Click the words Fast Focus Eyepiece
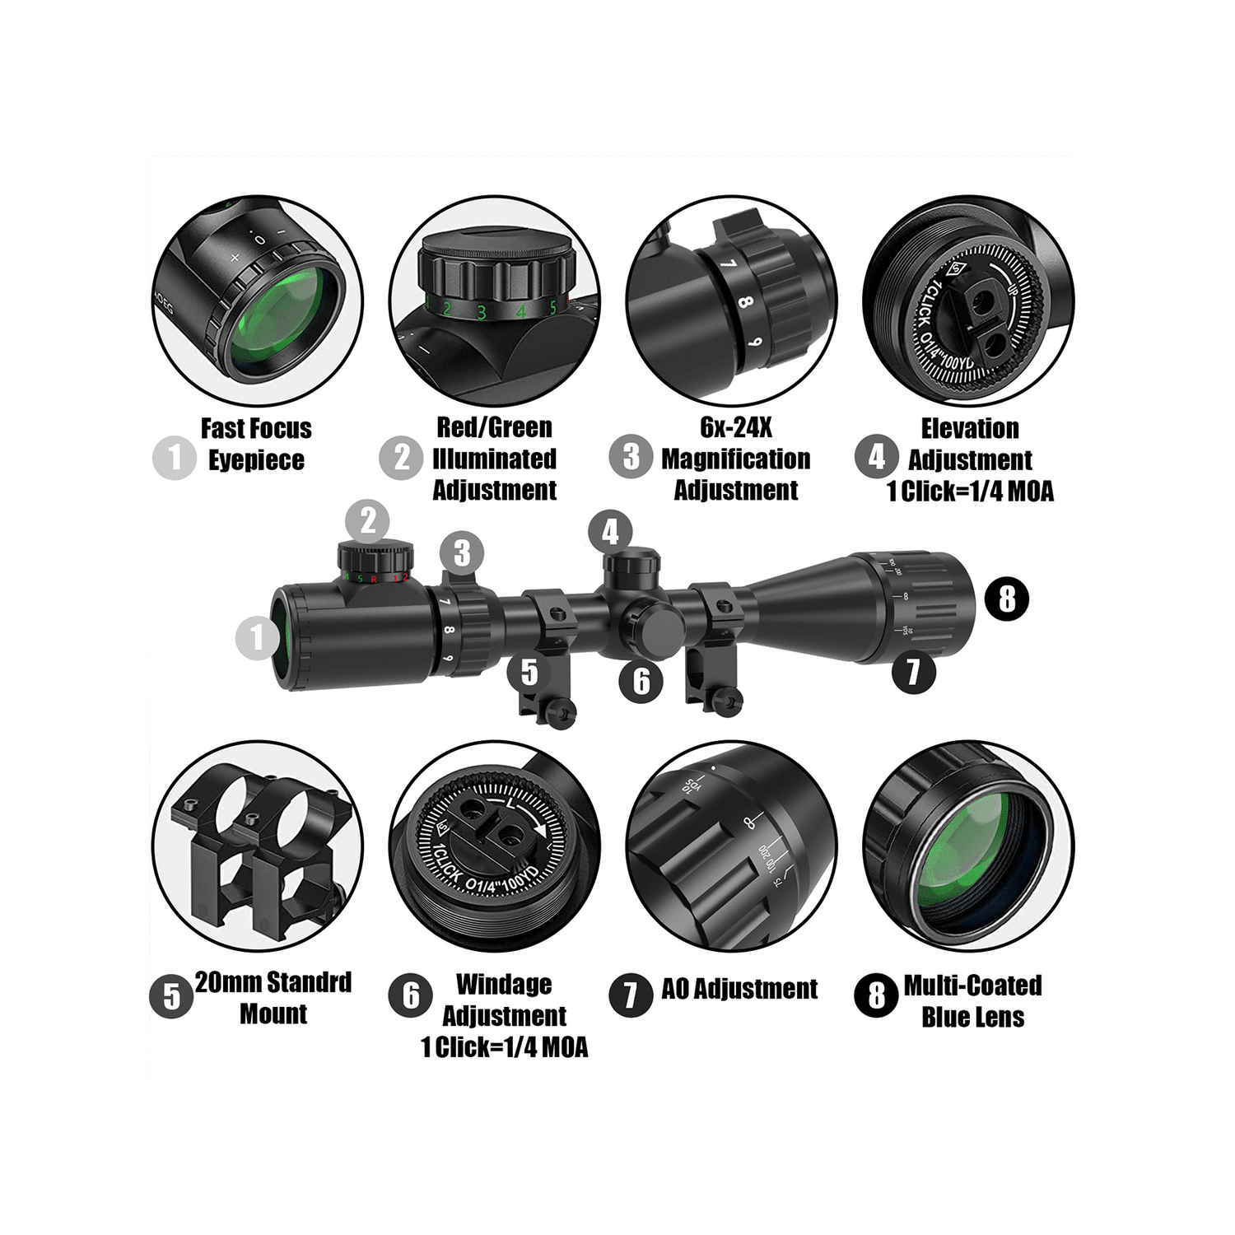click(256, 444)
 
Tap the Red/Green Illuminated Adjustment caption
click(494, 459)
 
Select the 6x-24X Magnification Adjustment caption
click(735, 459)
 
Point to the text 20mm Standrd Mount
click(273, 998)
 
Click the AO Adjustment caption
click(739, 989)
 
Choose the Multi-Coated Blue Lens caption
click(972, 1001)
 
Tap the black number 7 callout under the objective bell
click(912, 671)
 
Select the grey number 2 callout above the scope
click(367, 521)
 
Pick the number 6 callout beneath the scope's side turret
click(641, 680)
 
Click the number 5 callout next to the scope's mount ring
click(529, 672)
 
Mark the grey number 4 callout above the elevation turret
click(610, 532)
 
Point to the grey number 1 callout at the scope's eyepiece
click(256, 636)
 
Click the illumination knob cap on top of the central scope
click(376, 553)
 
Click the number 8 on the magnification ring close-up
click(745, 301)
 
